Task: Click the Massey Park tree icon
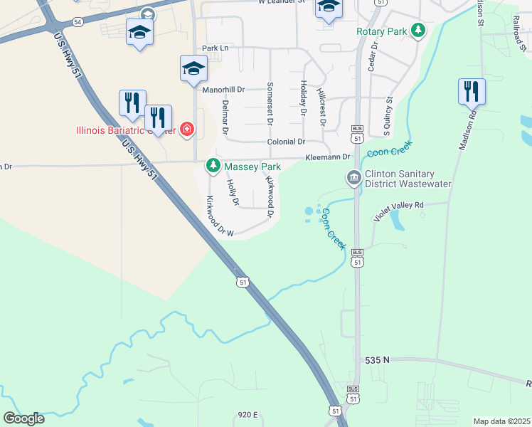213,166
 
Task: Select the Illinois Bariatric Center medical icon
187,129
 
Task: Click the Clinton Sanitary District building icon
353,177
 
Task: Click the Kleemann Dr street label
328,157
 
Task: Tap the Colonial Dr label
286,142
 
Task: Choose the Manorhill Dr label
223,90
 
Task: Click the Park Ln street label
216,48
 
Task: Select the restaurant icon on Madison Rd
471,91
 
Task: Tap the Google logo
23,418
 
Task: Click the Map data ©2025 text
501,421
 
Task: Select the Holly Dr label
232,192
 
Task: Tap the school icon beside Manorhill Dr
193,68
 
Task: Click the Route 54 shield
76,23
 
